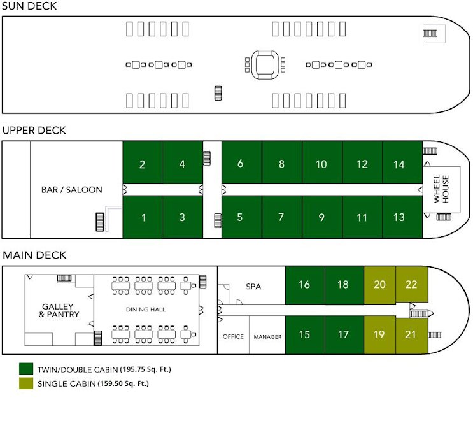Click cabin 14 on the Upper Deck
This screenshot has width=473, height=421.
399,164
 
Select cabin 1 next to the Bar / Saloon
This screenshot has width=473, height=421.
143,217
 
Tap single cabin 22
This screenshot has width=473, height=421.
411,284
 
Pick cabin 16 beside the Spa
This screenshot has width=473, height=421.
304,284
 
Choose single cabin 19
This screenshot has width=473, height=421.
379,334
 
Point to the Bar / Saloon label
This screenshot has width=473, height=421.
71,190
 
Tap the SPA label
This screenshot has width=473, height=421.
253,286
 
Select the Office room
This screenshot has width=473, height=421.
233,336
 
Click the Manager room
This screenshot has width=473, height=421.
267,336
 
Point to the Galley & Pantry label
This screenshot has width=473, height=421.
60,310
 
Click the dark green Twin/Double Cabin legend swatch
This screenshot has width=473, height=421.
27,369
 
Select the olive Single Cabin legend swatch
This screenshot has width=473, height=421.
27,383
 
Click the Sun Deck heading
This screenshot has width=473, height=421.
29,6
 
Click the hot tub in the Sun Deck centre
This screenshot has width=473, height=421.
262,64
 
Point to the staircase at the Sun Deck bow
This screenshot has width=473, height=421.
432,34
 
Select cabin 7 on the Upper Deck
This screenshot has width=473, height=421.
281,217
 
